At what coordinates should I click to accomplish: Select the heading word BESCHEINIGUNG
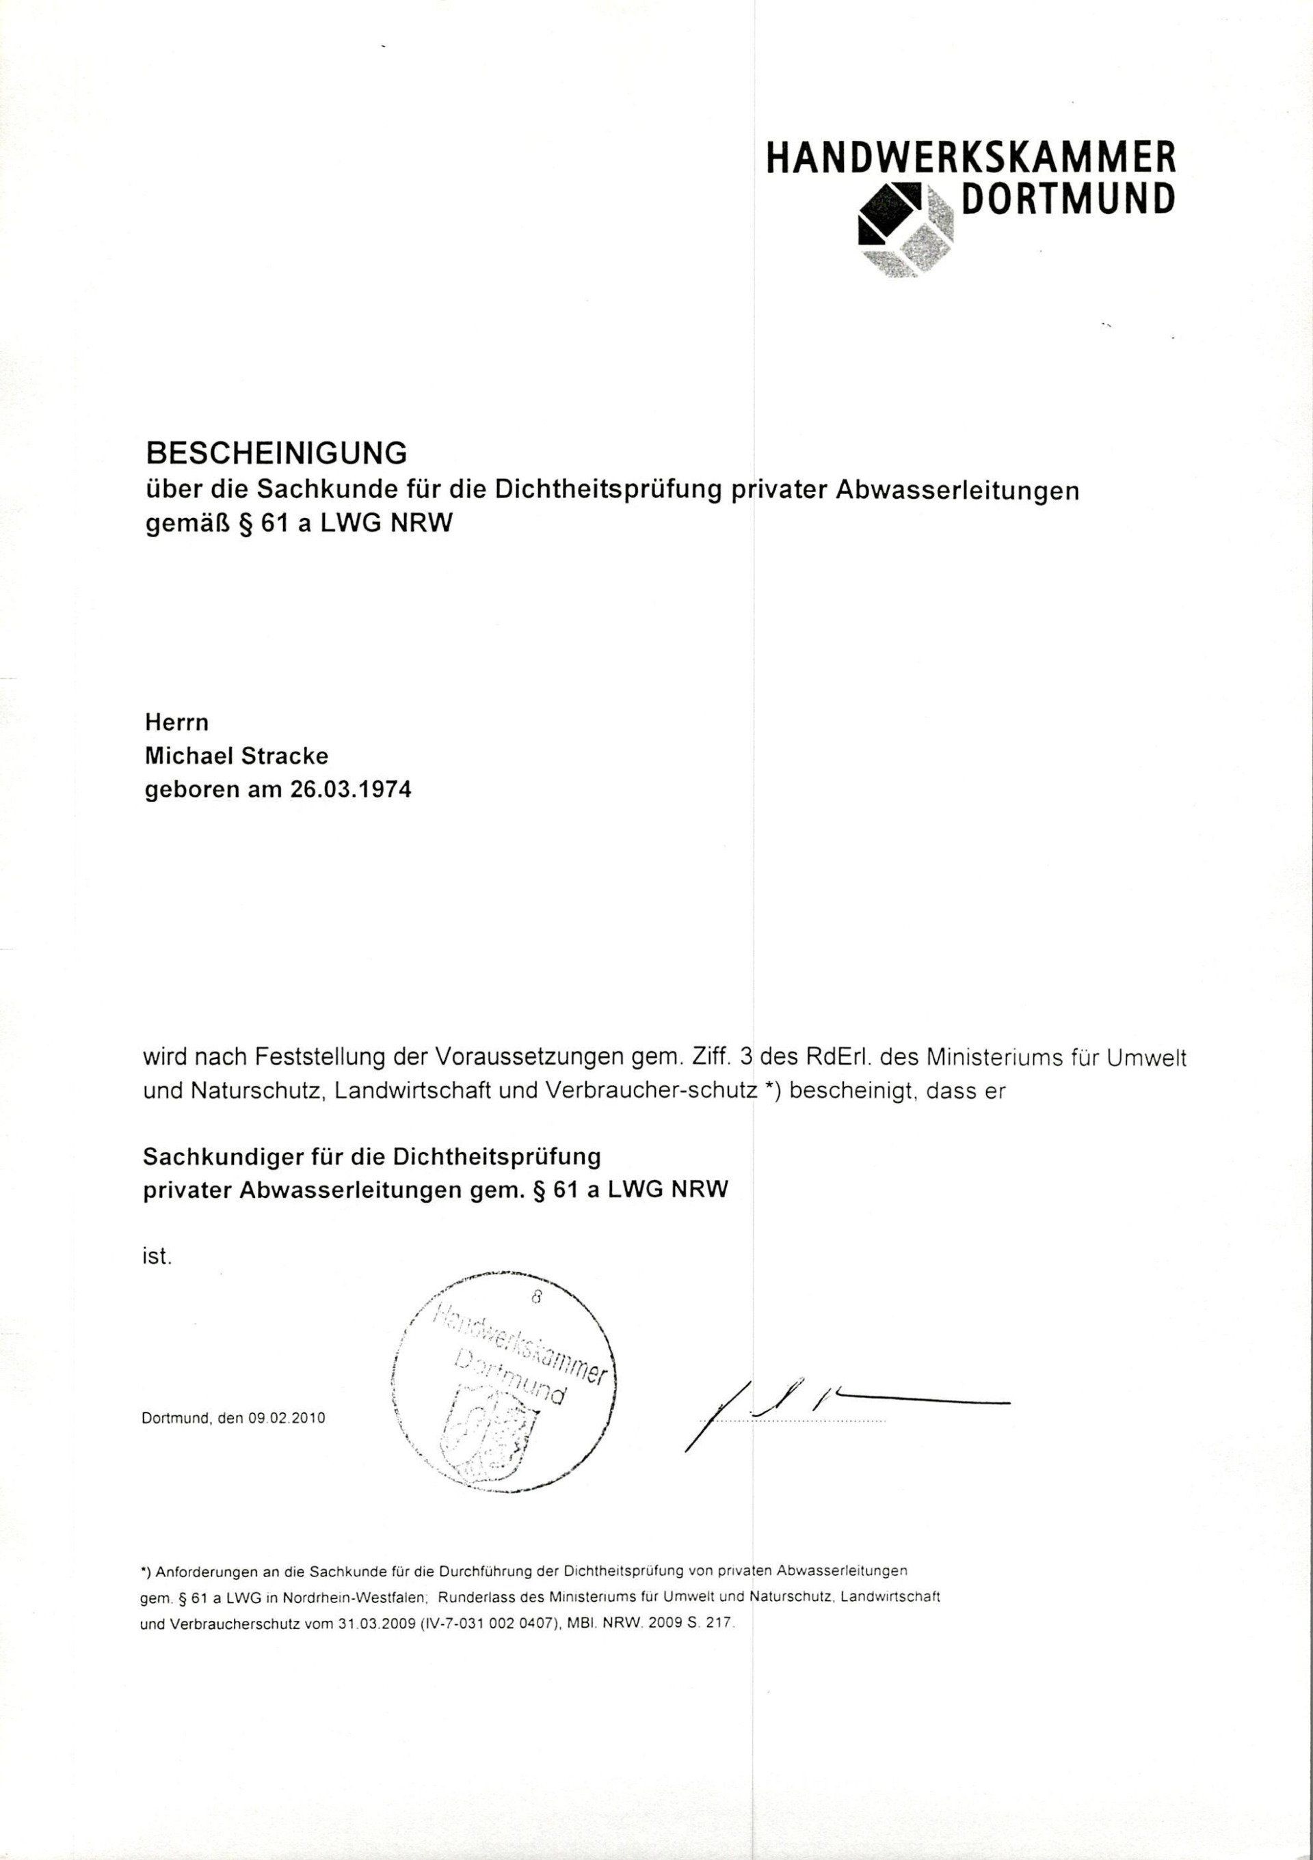275,453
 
